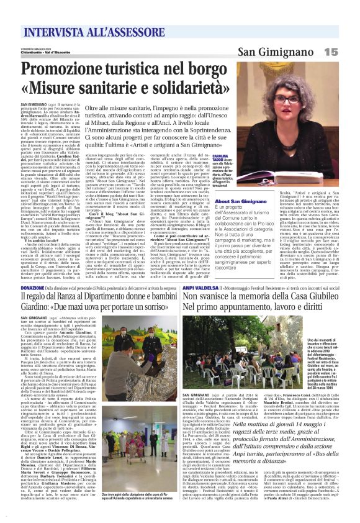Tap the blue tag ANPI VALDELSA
click(x=199, y=288)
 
